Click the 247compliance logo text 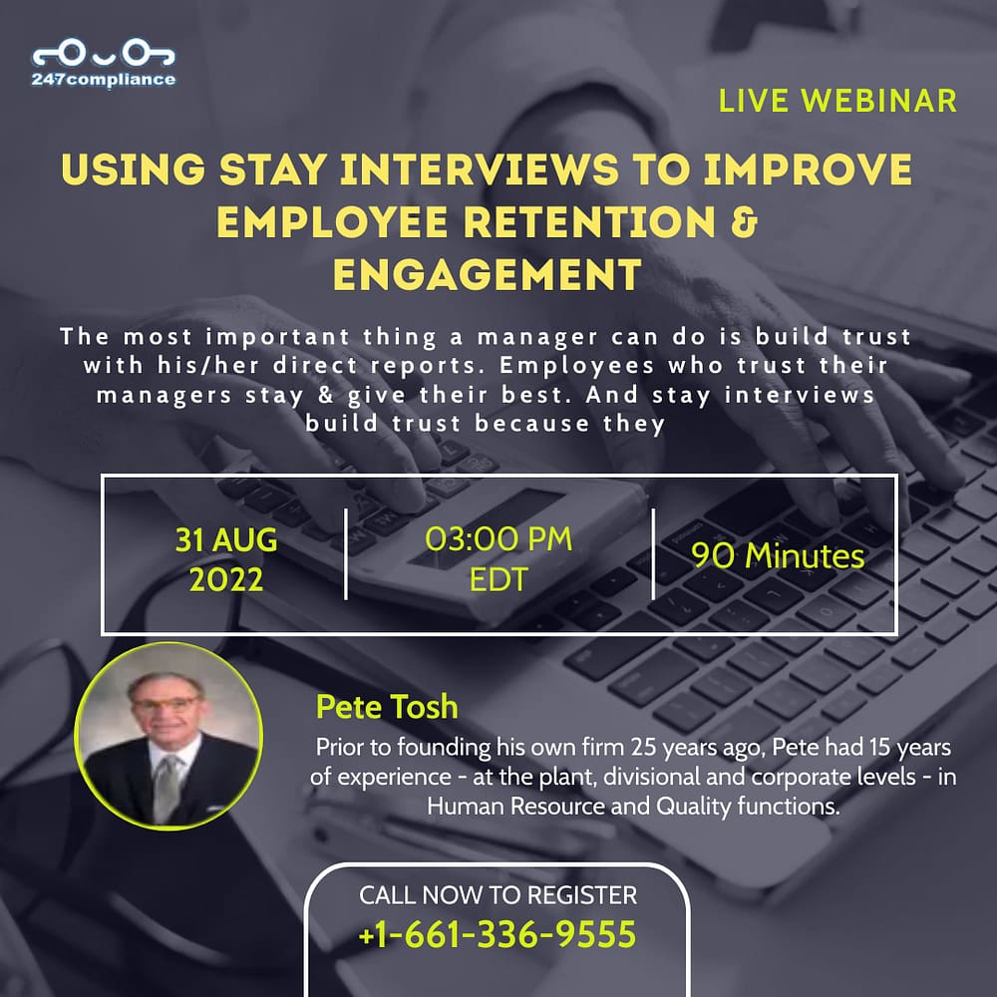[104, 80]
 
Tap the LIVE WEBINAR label [837, 101]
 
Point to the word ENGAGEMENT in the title [488, 275]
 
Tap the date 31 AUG [226, 540]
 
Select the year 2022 [226, 580]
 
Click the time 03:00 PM [498, 539]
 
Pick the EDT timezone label [498, 579]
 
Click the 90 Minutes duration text [778, 555]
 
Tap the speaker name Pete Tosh [387, 707]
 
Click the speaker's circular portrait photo [168, 736]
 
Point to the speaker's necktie [166, 789]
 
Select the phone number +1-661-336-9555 [498, 934]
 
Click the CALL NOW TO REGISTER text [498, 895]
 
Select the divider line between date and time [346, 553]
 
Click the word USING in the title [134, 169]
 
